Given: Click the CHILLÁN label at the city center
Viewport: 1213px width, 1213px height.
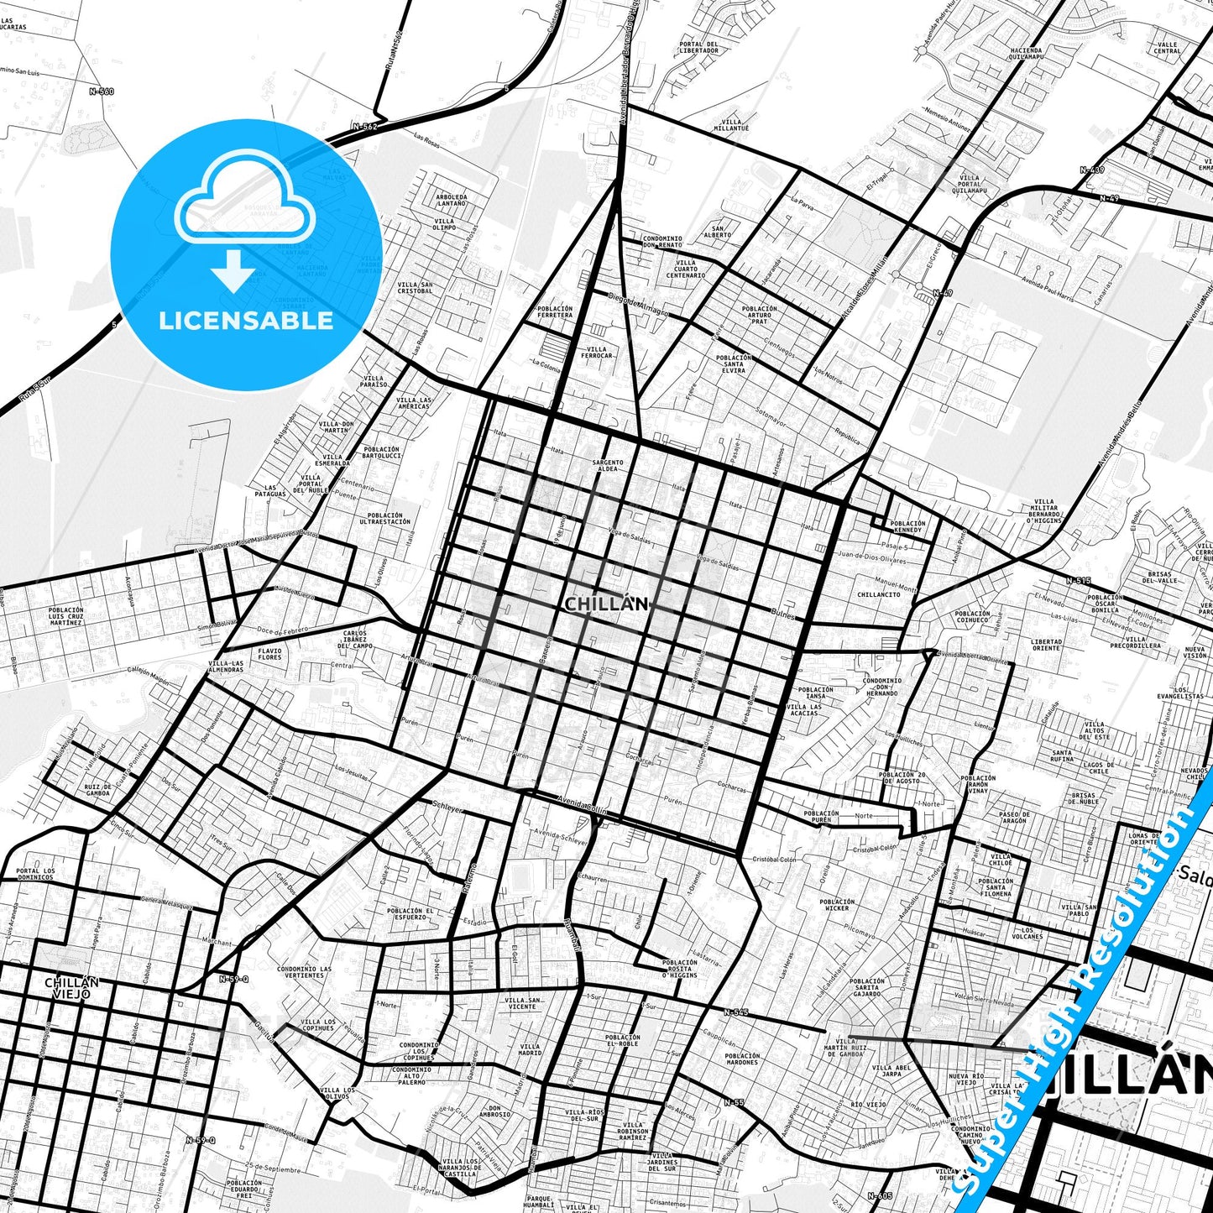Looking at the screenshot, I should [x=606, y=604].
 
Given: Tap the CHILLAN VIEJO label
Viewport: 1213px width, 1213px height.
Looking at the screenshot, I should [x=71, y=987].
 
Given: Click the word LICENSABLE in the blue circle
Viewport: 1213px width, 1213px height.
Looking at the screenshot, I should [x=246, y=321].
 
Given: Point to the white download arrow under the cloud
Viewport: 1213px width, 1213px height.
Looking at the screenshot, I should [x=233, y=270].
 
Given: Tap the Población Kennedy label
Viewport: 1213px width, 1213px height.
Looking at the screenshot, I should [x=907, y=526].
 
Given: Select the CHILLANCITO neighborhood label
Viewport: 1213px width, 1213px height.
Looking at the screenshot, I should [x=879, y=594].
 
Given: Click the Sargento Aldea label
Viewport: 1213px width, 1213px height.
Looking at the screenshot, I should [x=608, y=465].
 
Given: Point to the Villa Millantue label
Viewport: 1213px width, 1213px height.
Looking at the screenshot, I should [x=731, y=125].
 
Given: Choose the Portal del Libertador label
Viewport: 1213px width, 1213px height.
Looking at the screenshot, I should [x=699, y=47].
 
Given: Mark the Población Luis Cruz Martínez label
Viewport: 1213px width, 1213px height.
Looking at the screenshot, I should [x=65, y=616].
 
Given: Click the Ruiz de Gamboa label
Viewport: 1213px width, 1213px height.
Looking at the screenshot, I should [x=97, y=790].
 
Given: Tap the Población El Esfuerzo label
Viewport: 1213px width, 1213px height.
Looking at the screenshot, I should [x=410, y=913].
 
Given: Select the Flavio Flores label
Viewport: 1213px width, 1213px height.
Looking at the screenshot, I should [x=269, y=653].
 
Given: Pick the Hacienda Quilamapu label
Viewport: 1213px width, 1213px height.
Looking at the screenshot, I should [x=1026, y=53].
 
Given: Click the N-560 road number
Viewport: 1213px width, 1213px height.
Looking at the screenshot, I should [x=102, y=91].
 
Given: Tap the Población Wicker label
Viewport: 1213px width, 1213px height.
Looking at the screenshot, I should [x=837, y=905].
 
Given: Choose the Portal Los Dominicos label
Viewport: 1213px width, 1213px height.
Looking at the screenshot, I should [x=36, y=874].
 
